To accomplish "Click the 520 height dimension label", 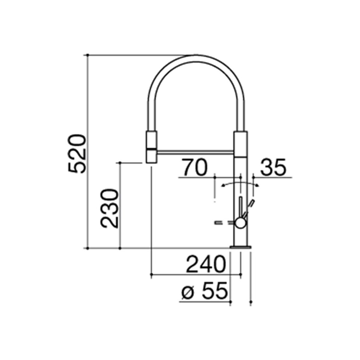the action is pyautogui.click(x=77, y=154).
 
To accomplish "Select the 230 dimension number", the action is pyautogui.click(x=110, y=208).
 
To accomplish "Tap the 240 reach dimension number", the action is pyautogui.click(x=206, y=264).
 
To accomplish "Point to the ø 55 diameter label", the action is pyautogui.click(x=204, y=291).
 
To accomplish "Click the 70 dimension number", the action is pyautogui.click(x=195, y=167).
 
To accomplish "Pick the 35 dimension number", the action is pyautogui.click(x=273, y=167).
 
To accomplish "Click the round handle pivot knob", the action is pyautogui.click(x=240, y=223).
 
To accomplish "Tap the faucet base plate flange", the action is pyautogui.click(x=241, y=247).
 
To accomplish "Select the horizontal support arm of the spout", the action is pyautogui.click(x=195, y=151).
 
